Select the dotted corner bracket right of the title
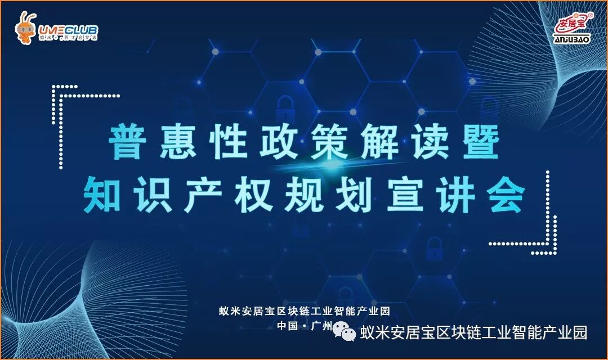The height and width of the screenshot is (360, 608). (543, 225)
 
